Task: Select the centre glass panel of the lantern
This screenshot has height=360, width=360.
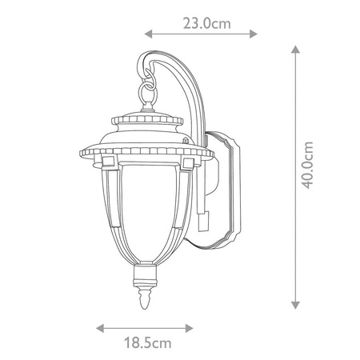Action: click(x=146, y=212)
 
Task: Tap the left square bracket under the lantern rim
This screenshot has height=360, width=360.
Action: click(x=105, y=163)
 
